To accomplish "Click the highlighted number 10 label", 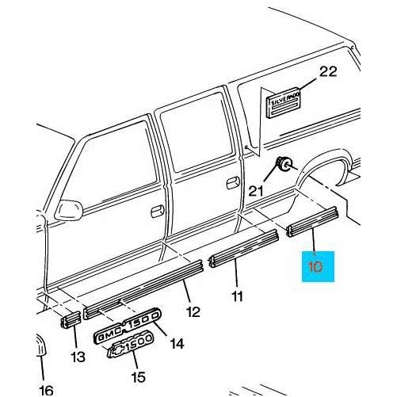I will pyautogui.click(x=315, y=266).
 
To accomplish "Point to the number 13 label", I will pyautogui.click(x=77, y=357).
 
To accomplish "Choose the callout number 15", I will pyautogui.click(x=139, y=376).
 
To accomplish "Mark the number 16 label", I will pyautogui.click(x=45, y=389).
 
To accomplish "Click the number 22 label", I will pyautogui.click(x=327, y=72).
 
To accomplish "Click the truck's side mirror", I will pyautogui.click(x=69, y=208).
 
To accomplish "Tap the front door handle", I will pyautogui.click(x=157, y=212).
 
